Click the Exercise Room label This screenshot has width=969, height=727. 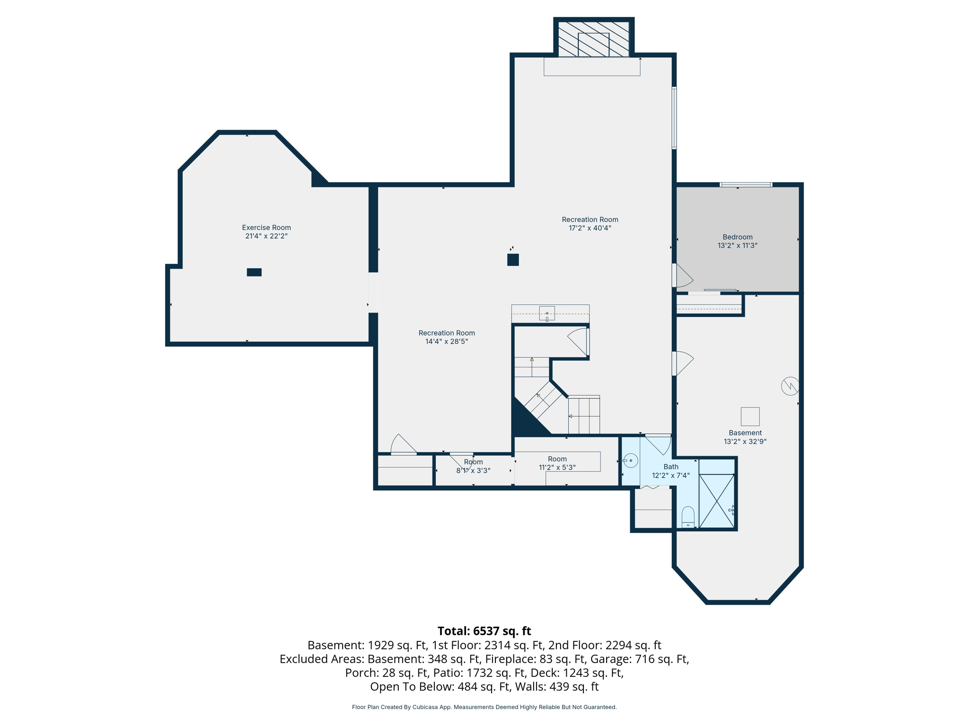pyautogui.click(x=266, y=228)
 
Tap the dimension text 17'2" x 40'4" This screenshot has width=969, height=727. pyautogui.click(x=590, y=228)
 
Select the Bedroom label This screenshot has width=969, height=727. pyautogui.click(x=737, y=237)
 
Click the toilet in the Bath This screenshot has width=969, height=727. pyautogui.click(x=688, y=517)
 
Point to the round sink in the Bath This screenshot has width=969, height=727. pyautogui.click(x=630, y=460)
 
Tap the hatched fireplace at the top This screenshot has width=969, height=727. pyautogui.click(x=593, y=39)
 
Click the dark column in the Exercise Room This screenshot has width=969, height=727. pyautogui.click(x=254, y=272)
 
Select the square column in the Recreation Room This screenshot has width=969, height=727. pyautogui.click(x=513, y=259)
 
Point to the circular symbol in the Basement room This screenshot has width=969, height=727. pyautogui.click(x=790, y=386)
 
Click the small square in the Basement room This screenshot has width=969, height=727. pyautogui.click(x=750, y=417)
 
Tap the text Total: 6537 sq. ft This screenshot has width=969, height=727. pyautogui.click(x=484, y=631)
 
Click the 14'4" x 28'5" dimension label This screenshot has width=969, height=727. pyautogui.click(x=446, y=342)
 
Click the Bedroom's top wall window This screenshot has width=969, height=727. pyautogui.click(x=746, y=185)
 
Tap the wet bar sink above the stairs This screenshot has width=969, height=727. pyautogui.click(x=547, y=314)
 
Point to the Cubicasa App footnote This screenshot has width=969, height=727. pyautogui.click(x=484, y=707)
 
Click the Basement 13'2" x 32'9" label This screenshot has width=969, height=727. pyautogui.click(x=745, y=437)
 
